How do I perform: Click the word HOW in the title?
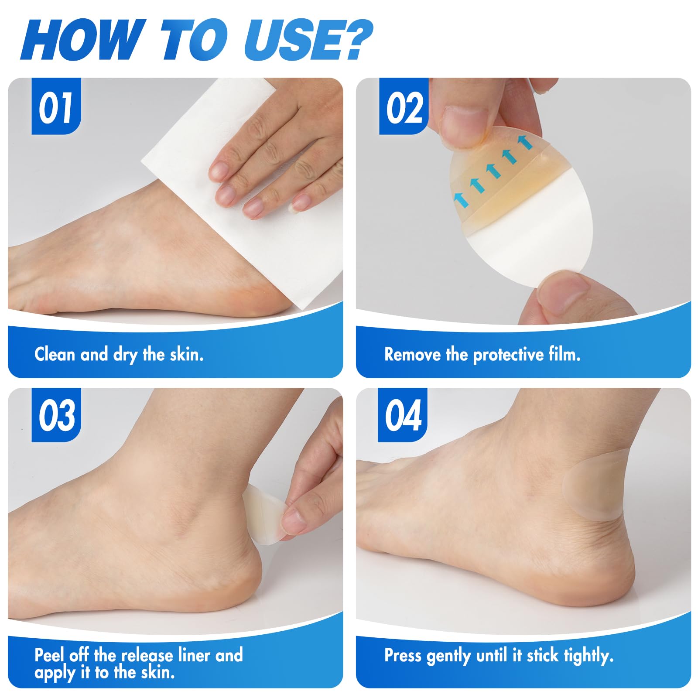click(x=83, y=40)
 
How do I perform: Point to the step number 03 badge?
click(x=56, y=415)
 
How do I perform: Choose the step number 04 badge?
click(x=403, y=415)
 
